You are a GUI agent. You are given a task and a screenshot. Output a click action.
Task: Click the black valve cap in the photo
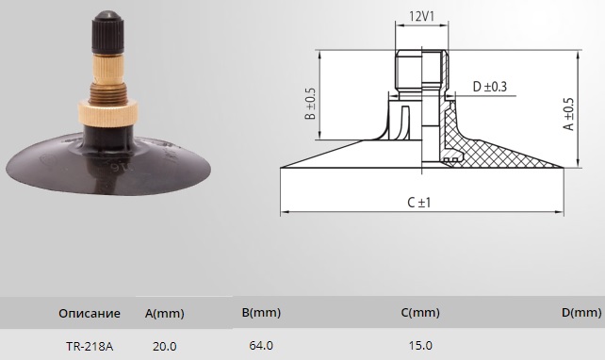tap(107, 33)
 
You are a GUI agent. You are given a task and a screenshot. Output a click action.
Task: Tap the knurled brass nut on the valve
tap(107, 113)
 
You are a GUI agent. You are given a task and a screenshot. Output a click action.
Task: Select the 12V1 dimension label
tap(422, 16)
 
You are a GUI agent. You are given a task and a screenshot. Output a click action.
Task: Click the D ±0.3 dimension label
tap(490, 87)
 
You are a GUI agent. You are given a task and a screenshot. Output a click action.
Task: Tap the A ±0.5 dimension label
tap(569, 114)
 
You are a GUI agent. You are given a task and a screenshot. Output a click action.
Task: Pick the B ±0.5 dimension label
tap(310, 104)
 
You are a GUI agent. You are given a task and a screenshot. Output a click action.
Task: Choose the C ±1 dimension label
tap(419, 203)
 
